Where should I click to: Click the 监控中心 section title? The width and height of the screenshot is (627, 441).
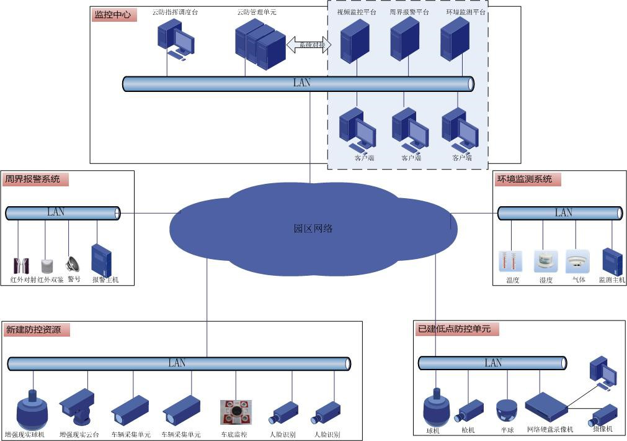pos(113,14)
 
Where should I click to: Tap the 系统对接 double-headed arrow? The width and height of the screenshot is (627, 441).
pos(308,45)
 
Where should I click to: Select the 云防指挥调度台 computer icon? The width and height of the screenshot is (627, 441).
pos(176,39)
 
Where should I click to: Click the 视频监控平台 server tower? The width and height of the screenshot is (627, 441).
pos(355,40)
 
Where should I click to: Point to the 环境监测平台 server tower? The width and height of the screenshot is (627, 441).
pos(453,38)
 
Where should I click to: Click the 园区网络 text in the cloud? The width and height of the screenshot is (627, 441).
pos(313,229)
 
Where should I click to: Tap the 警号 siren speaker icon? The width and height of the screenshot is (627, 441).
pos(73,264)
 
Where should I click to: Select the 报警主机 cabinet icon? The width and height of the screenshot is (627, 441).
pos(100,260)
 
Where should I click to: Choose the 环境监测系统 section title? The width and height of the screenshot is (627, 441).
pos(525,179)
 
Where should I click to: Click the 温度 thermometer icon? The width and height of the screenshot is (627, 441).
pos(511,261)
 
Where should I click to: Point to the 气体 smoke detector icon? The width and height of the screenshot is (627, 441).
pos(577,261)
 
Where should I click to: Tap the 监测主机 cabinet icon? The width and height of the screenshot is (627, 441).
pos(612,261)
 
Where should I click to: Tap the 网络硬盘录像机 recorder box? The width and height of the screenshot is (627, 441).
pos(546,407)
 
